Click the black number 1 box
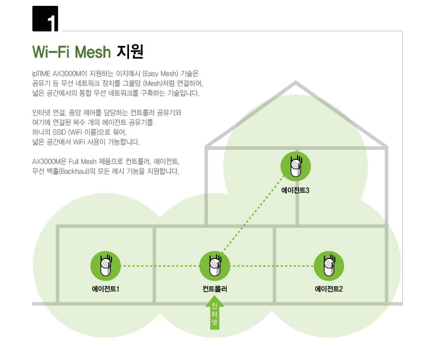click(45, 19)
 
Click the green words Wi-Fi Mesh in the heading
click(71, 52)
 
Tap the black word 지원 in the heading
click(130, 52)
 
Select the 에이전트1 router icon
click(106, 266)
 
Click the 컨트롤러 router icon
click(215, 266)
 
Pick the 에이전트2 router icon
click(329, 266)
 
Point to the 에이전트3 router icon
click(295, 167)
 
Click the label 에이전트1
click(106, 289)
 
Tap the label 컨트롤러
click(215, 289)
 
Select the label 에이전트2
click(329, 289)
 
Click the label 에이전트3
click(295, 191)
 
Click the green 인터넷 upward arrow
click(215, 313)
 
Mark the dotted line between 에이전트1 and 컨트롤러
click(160, 266)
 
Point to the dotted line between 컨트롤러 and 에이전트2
click(272, 266)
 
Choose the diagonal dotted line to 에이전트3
click(253, 214)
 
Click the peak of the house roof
click(296, 82)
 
